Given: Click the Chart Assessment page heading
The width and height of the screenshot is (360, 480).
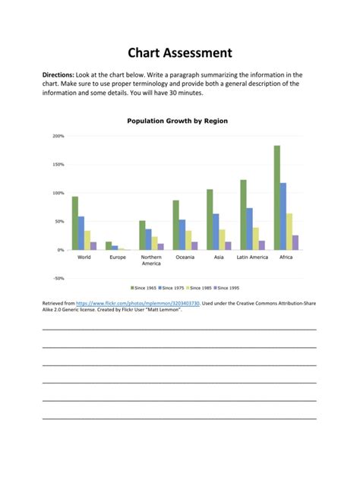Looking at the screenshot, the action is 179,52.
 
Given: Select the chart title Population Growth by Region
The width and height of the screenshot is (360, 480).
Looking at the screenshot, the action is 177,121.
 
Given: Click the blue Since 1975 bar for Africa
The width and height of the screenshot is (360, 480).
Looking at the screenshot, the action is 283,216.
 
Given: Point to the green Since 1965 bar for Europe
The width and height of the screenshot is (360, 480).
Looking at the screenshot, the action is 109,245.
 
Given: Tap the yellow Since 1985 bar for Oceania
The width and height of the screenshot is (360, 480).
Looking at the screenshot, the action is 188,240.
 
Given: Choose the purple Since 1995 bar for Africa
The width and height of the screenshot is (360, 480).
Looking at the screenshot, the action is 295,242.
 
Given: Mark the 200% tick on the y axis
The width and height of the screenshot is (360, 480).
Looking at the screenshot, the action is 58,136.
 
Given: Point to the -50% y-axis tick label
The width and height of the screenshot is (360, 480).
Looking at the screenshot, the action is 58,278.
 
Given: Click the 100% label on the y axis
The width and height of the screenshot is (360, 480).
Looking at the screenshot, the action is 58,193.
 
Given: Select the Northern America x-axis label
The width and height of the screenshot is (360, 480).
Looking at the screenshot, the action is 152,260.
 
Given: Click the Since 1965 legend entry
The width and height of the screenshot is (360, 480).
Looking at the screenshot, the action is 145,289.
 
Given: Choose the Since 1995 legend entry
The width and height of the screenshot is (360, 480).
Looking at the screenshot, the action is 228,289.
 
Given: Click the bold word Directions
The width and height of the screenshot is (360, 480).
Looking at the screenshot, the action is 58,74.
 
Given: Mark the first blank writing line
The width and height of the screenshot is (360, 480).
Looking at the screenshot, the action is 179,329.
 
